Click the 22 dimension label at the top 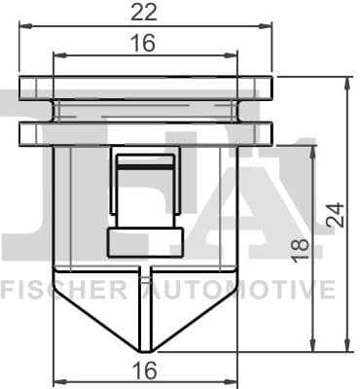pos(145,13)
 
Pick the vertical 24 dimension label pos(335,215)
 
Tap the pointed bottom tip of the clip pos(145,351)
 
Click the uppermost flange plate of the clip pos(145,87)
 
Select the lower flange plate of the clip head pos(145,132)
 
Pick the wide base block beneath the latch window pos(145,242)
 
